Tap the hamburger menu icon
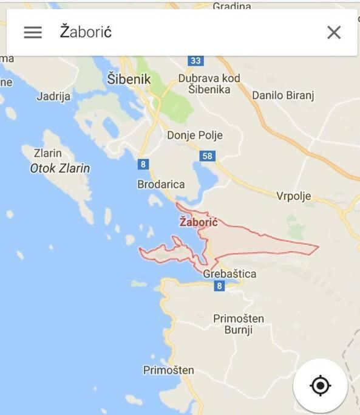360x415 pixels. point(33,32)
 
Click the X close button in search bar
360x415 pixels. point(334,32)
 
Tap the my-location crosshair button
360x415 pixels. point(320,385)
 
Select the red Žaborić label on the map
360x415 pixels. point(199,222)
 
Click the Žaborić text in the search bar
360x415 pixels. point(86,32)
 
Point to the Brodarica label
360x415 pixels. point(161,184)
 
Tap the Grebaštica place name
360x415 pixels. point(229,273)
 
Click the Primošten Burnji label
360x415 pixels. point(239,324)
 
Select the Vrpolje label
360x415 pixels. point(294,196)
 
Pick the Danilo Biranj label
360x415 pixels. point(283,95)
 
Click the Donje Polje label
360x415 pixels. point(195,135)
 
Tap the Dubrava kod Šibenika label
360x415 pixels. point(209,84)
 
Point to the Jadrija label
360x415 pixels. point(53,96)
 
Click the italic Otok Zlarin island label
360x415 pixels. point(60,168)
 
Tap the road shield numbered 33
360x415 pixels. point(195,60)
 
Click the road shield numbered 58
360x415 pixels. point(208,156)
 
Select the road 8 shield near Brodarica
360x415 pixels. point(143,164)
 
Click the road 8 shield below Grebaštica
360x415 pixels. point(219,286)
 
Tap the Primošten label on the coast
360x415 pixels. point(169,369)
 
